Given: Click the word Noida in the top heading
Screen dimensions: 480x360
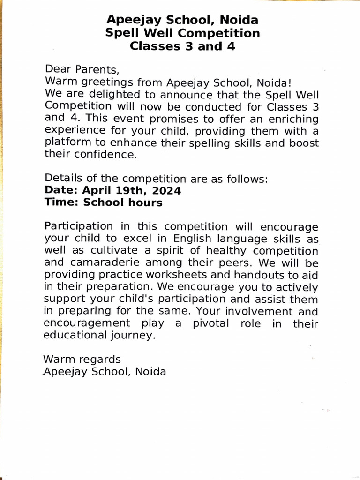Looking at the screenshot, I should pos(238,20).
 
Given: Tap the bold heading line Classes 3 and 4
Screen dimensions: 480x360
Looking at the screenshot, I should pos(182,46).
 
